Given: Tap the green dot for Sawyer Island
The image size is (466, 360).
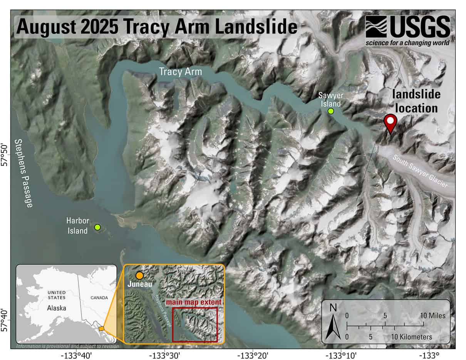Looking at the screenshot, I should click(x=330, y=111).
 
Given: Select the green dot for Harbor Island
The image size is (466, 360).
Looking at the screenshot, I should click(x=97, y=227).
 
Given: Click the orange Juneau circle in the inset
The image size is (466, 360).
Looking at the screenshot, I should click(x=139, y=276).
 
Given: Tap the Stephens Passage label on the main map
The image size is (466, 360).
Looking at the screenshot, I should click(x=23, y=173).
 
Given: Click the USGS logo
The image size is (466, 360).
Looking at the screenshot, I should click(x=407, y=30).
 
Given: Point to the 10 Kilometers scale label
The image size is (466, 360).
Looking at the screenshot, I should click(x=412, y=337).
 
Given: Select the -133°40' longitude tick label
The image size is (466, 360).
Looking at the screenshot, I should click(x=76, y=355).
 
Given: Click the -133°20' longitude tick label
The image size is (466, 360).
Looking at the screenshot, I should click(x=253, y=355).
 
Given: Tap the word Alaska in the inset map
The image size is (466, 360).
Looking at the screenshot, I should click(x=57, y=308).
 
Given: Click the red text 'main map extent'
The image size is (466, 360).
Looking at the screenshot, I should click(x=194, y=302).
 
